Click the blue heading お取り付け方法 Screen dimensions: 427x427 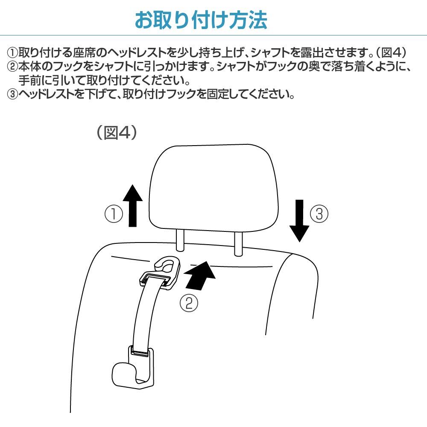(201, 20)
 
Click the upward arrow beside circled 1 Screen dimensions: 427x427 (133, 206)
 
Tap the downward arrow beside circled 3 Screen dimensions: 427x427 (299, 221)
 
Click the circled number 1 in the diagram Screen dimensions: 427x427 (114, 213)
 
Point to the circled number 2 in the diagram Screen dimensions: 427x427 (189, 303)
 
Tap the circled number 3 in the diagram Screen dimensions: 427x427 (319, 213)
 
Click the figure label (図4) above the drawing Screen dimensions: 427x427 (117, 133)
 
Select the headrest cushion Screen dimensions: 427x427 (214, 188)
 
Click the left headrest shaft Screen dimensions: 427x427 (180, 240)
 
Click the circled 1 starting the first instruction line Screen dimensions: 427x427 (12, 53)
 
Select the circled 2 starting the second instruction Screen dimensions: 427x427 (12, 67)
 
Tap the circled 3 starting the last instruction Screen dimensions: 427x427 (12, 94)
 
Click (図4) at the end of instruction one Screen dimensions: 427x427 (391, 52)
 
